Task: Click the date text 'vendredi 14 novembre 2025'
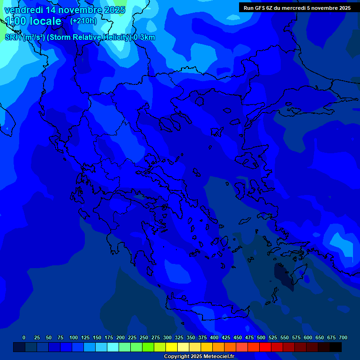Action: click(65, 10)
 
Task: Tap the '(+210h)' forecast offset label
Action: click(83, 21)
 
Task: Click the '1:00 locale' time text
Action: click(33, 21)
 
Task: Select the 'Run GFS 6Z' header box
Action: click(297, 7)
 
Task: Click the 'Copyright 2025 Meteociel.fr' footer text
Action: click(205, 356)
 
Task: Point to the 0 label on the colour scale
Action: click(24, 337)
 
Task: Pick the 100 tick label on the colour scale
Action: click(74, 337)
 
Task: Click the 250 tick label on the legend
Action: click(144, 337)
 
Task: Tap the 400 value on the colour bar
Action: click(214, 337)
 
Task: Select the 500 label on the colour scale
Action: click(261, 337)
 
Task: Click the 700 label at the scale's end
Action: click(343, 337)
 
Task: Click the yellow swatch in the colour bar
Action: click(172, 347)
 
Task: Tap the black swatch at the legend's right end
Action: click(336, 347)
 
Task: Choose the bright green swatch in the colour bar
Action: click(148, 347)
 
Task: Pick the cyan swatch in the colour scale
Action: click(113, 347)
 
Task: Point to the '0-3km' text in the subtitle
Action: click(144, 37)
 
